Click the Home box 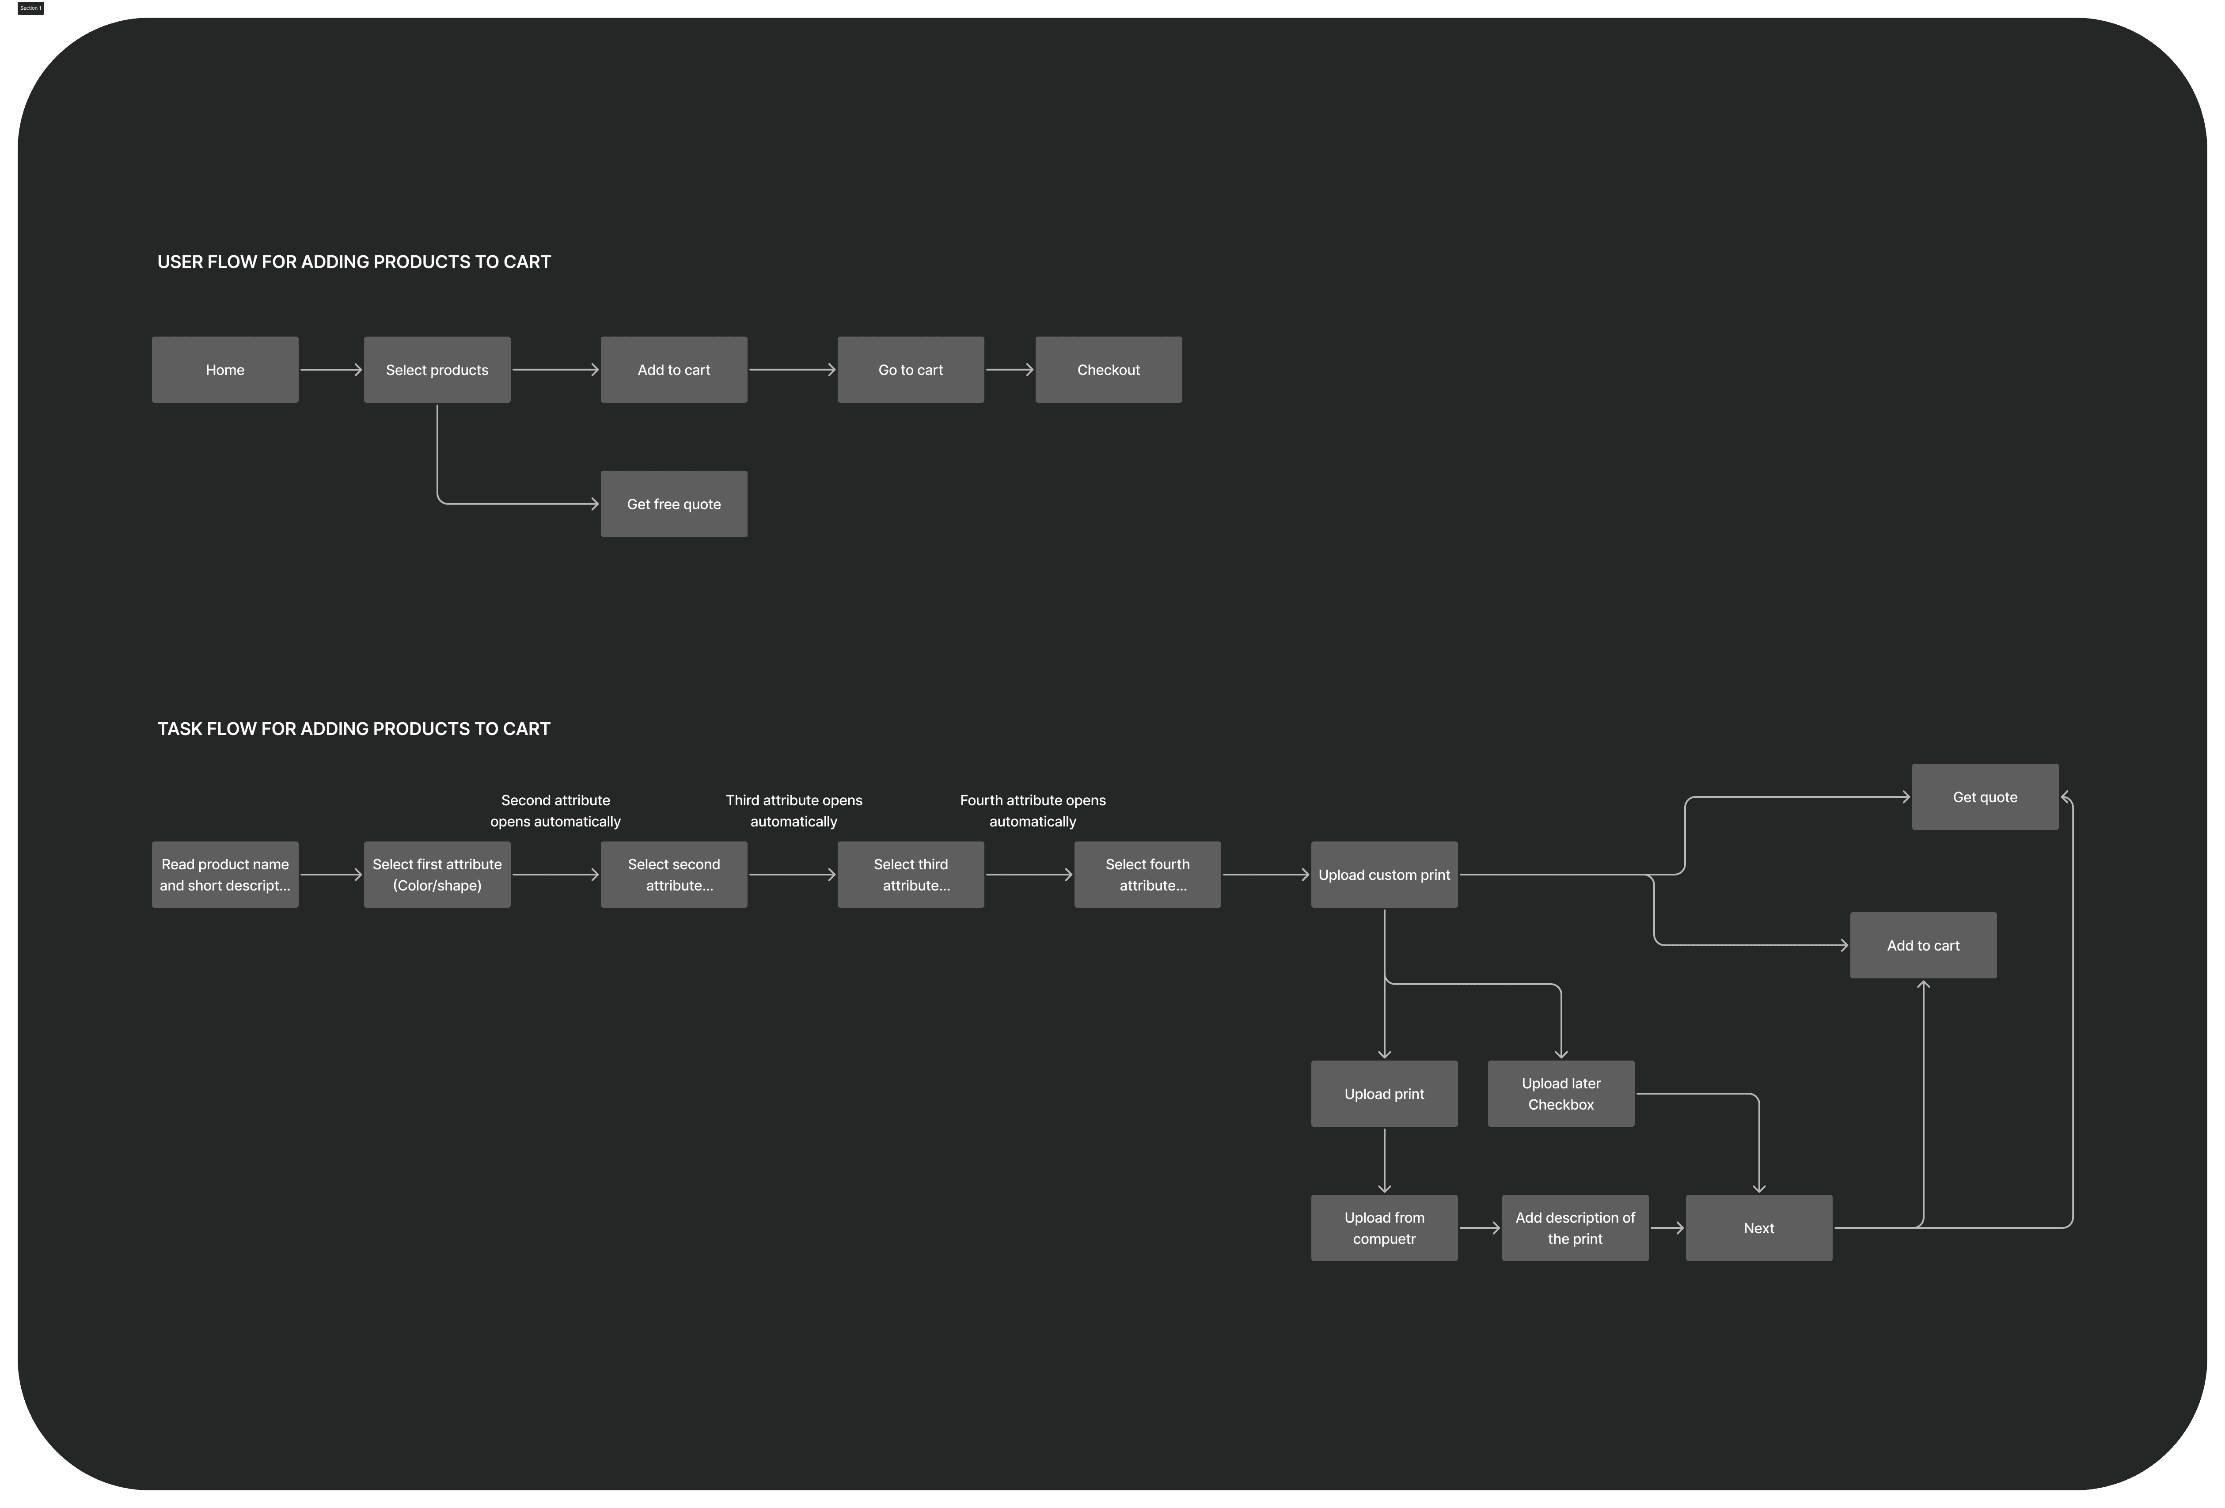tap(225, 370)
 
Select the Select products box tap(437, 370)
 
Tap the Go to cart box tap(911, 370)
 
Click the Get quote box tap(1985, 796)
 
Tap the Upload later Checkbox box tap(1561, 1093)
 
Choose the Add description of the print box tap(1575, 1228)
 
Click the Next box tap(1759, 1228)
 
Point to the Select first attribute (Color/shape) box tap(437, 874)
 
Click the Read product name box tap(225, 874)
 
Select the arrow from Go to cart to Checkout tap(1009, 370)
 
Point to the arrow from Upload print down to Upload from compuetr tap(1384, 1160)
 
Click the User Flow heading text tap(354, 261)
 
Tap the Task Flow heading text tap(354, 729)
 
